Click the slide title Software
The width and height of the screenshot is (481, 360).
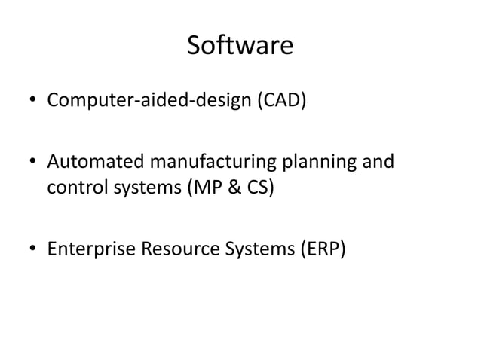(x=240, y=47)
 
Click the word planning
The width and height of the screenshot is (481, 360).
(x=323, y=163)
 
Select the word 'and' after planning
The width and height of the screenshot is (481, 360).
(x=378, y=163)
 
